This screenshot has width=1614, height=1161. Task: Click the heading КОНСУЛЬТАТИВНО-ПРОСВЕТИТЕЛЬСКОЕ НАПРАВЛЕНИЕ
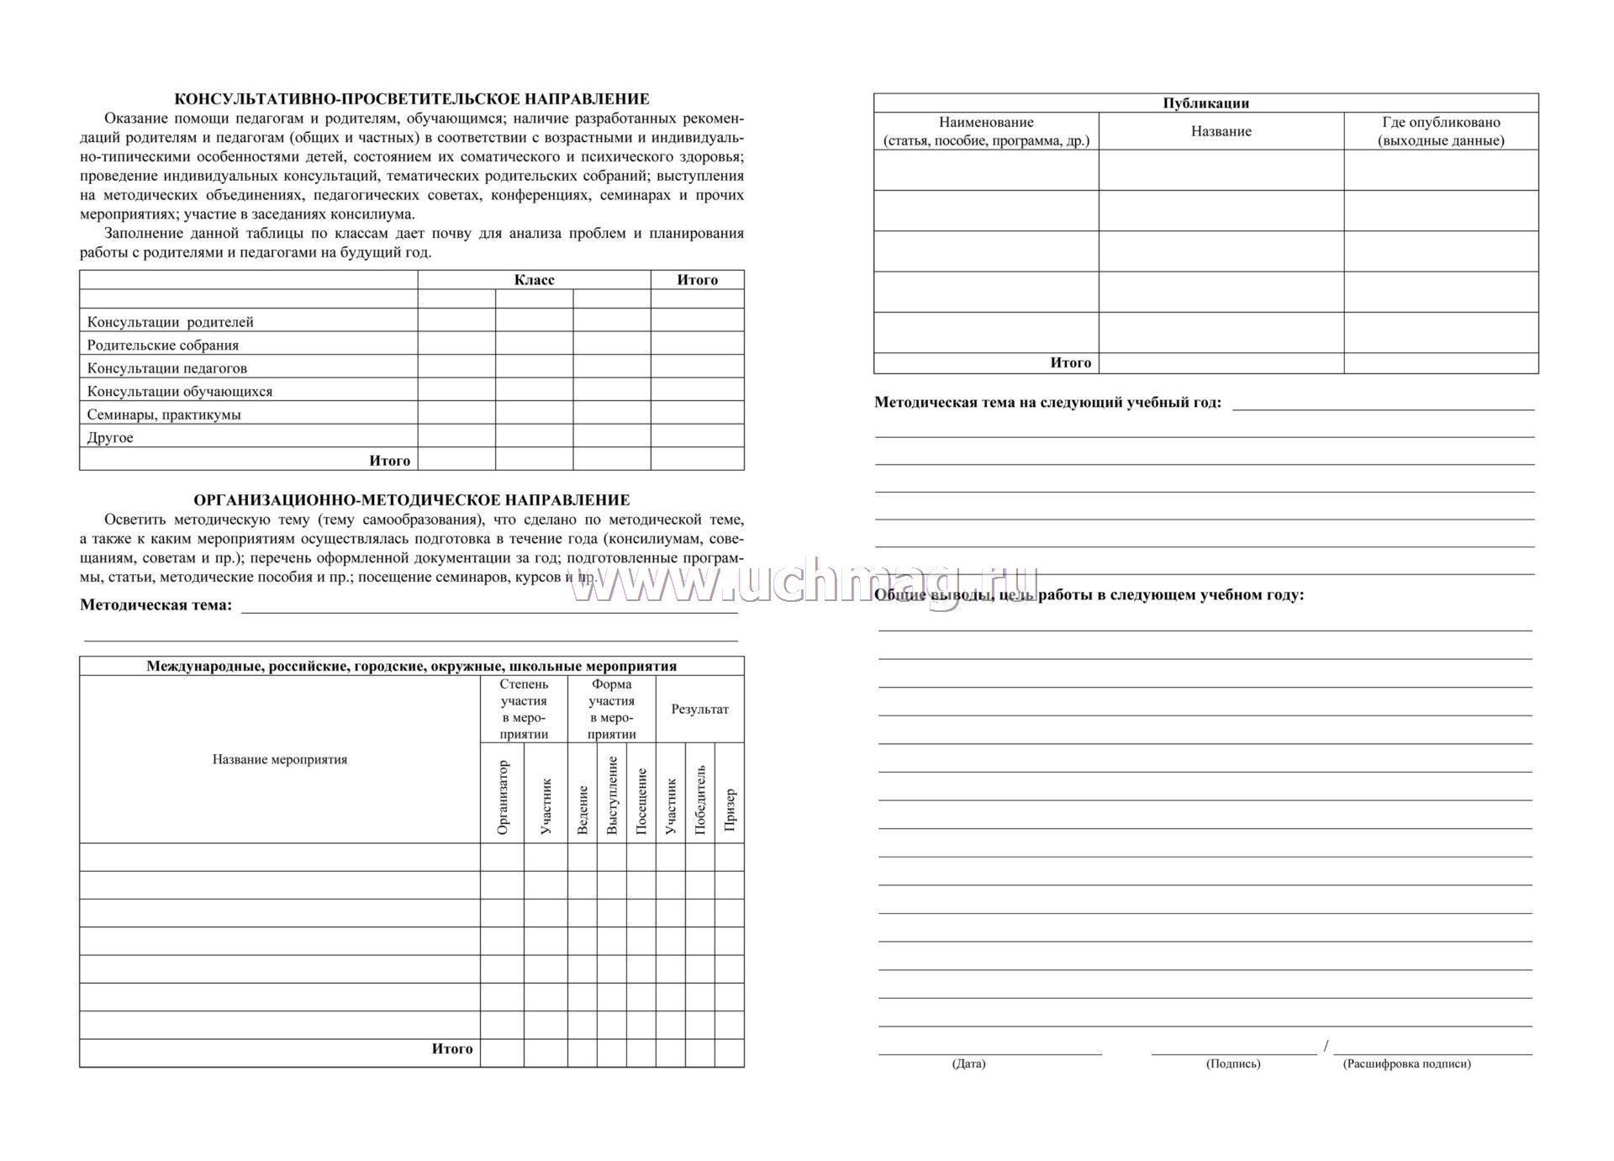pos(411,99)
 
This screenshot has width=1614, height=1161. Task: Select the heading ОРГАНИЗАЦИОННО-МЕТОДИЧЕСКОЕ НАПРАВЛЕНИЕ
pos(411,500)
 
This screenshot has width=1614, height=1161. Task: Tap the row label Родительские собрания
pos(163,346)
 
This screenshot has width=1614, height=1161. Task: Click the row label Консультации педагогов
pos(167,368)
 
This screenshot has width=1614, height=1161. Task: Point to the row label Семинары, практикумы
pos(164,414)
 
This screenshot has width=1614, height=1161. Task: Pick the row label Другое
pos(110,438)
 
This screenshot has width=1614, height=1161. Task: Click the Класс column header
pos(534,280)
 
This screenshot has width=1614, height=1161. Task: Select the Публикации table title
pos(1205,103)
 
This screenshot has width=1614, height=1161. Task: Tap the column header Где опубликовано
pos(1441,131)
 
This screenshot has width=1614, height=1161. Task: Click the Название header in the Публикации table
pos(1221,131)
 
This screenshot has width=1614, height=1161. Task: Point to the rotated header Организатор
pos(503,797)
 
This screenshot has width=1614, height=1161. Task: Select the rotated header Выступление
pos(612,795)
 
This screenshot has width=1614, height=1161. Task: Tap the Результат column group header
pos(699,710)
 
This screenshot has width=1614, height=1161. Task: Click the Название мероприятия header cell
pos(280,760)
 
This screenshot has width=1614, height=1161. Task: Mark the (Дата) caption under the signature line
pos(968,1064)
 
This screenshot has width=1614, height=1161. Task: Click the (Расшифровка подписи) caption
pos(1406,1064)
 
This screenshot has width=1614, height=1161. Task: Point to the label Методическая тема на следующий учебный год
pos(1047,403)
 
